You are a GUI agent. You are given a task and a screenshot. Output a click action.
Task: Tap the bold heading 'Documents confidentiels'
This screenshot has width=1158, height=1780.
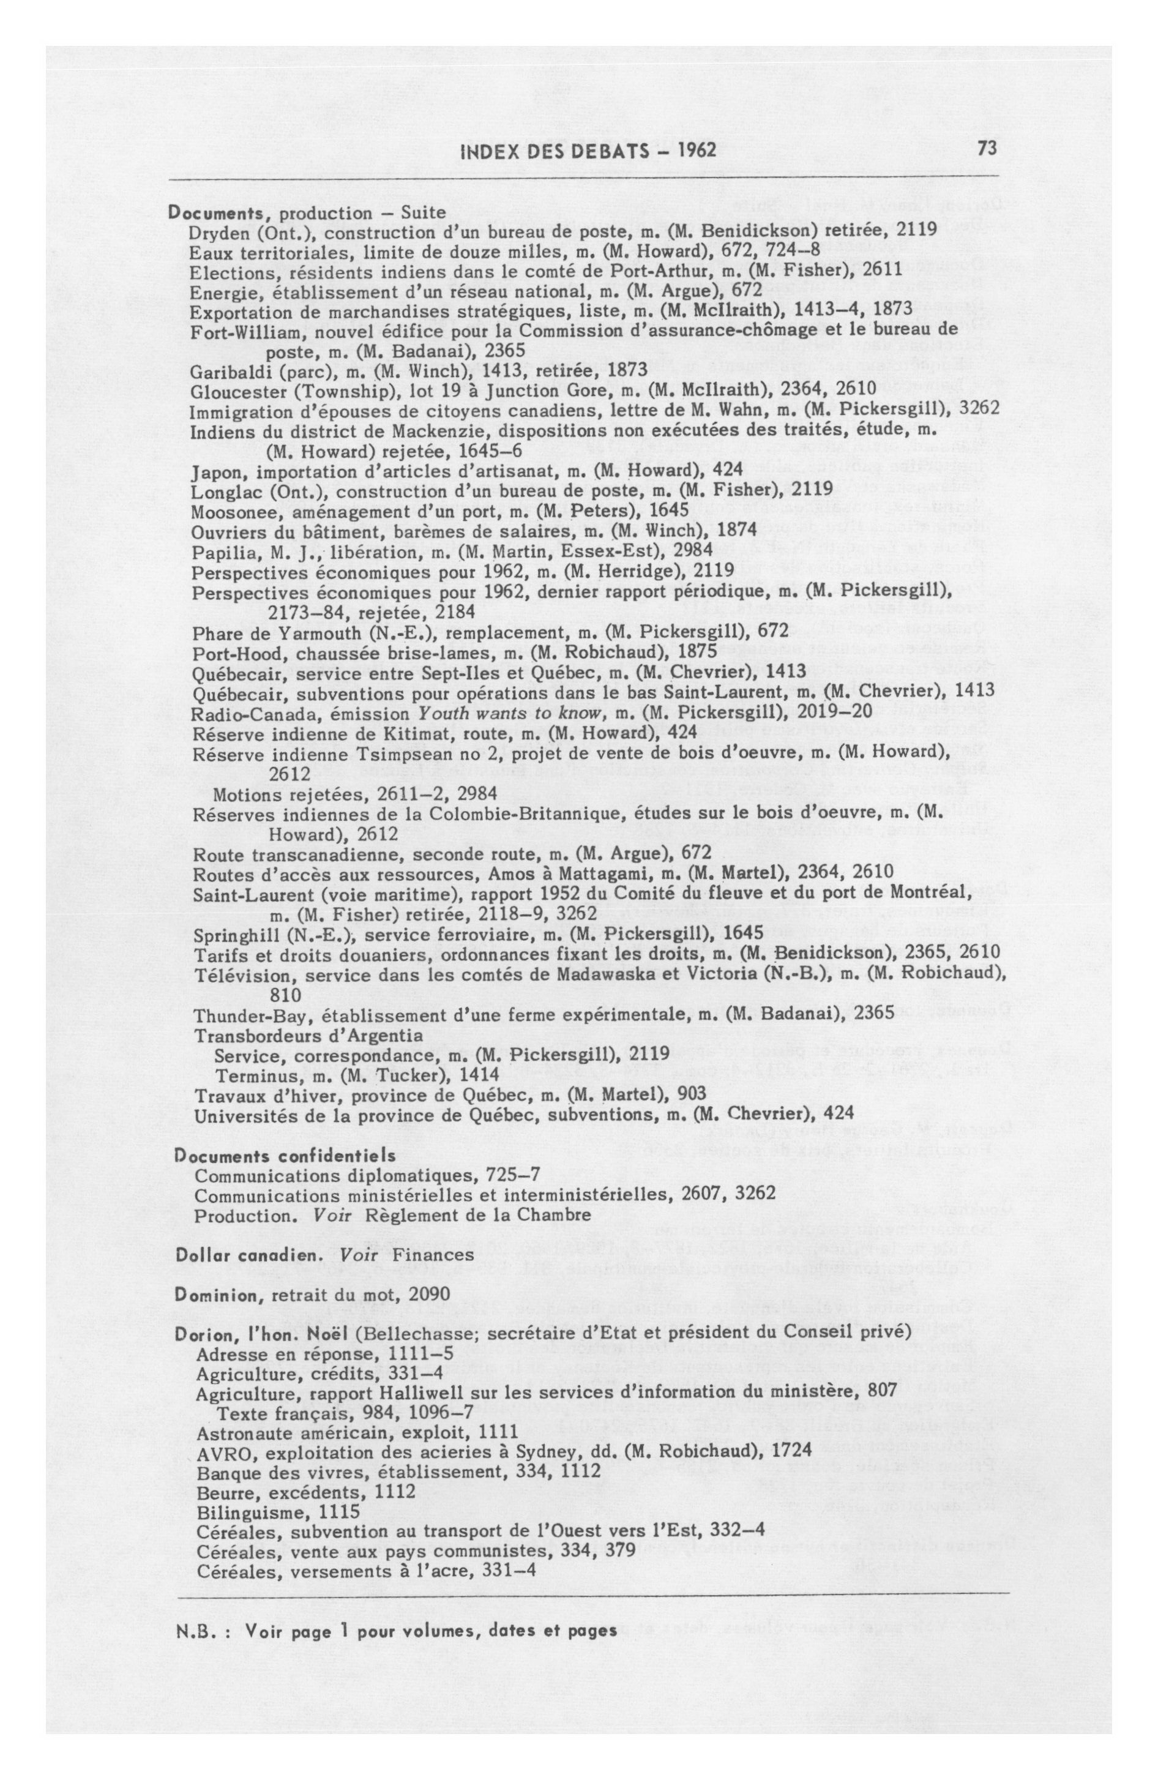coord(285,1156)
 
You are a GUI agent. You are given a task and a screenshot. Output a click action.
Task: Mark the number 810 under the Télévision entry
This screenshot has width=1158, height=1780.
coord(285,995)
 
